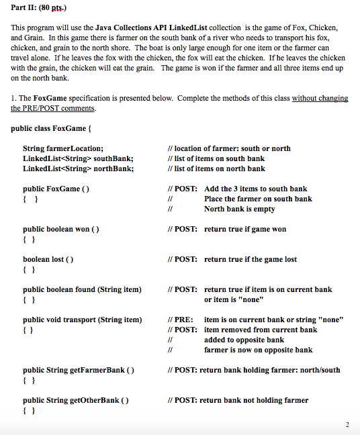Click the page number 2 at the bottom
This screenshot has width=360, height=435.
pyautogui.click(x=347, y=424)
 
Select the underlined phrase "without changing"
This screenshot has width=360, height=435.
pyautogui.click(x=320, y=98)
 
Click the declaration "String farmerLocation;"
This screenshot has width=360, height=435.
pyautogui.click(x=63, y=148)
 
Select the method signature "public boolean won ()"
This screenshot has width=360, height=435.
pyautogui.click(x=61, y=229)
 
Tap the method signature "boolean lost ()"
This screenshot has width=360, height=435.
pyautogui.click(x=48, y=259)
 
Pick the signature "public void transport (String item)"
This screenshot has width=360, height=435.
pyautogui.click(x=82, y=320)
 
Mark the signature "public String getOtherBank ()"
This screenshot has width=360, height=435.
pyautogui.click(x=76, y=400)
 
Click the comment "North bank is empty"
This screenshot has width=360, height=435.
pyautogui.click(x=239, y=209)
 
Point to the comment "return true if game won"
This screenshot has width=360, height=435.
pyautogui.click(x=244, y=229)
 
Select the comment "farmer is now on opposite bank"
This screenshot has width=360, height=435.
pyautogui.click(x=258, y=350)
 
